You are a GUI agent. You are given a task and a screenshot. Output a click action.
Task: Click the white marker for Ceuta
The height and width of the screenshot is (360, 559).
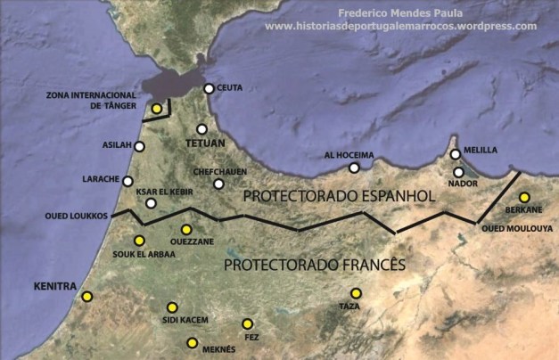(x=209, y=88)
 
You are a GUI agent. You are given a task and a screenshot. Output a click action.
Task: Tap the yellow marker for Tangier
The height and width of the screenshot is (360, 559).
(x=156, y=109)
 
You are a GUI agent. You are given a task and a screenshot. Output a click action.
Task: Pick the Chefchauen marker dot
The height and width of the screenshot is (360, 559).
(x=218, y=184)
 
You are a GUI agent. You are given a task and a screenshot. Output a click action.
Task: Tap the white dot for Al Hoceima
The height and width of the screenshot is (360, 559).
(x=354, y=168)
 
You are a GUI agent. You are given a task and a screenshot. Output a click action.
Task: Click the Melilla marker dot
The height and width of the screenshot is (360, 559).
(x=455, y=154)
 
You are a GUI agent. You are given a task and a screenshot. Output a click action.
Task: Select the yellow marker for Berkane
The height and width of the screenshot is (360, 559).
(x=524, y=197)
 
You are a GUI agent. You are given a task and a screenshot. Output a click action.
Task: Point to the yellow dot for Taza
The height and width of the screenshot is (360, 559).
(x=355, y=293)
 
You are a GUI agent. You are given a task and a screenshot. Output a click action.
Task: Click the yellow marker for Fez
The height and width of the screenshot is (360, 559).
(x=247, y=323)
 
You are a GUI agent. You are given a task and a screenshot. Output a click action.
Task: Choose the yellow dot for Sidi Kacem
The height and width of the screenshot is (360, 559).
(x=172, y=307)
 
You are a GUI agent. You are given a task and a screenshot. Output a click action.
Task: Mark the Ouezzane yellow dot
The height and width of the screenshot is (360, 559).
(x=186, y=229)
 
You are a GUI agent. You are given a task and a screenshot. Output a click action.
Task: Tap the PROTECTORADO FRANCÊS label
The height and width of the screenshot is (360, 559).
(x=314, y=265)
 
